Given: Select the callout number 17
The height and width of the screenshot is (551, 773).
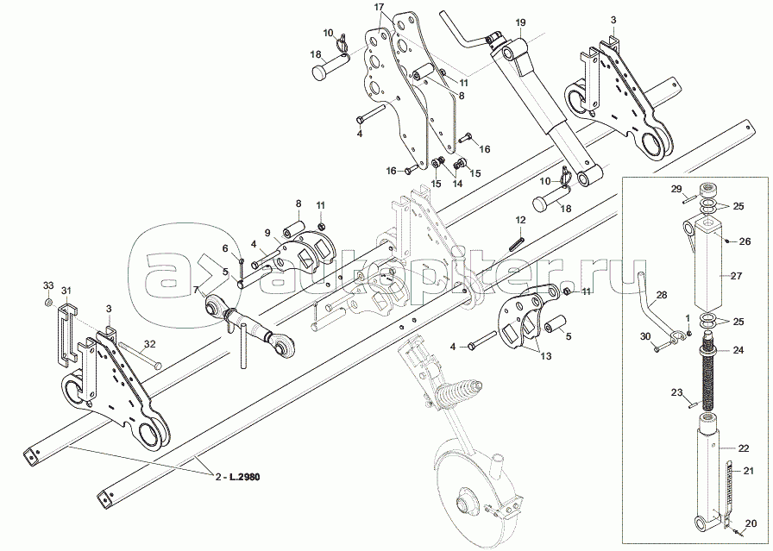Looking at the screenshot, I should point(379,8).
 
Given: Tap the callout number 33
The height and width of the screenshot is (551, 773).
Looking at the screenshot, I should point(48,285).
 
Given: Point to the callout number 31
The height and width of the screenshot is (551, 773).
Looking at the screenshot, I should point(66,290).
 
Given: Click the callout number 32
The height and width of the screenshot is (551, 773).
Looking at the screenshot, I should point(150,343).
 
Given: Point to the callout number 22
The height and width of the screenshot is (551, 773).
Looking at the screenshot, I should point(743,448).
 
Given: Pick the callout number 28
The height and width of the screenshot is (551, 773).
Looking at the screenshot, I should point(662,295).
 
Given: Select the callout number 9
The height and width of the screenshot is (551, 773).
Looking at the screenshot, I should point(267,233).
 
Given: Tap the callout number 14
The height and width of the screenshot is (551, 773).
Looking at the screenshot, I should point(457,184).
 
